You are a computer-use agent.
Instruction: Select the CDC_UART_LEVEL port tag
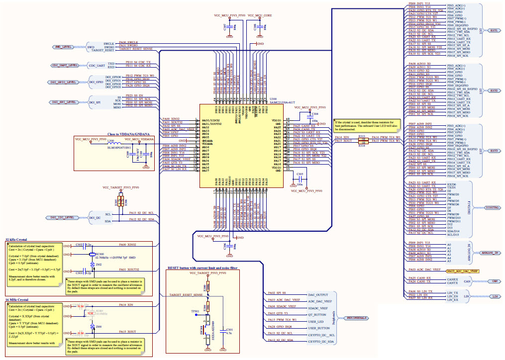click(x=65, y=65)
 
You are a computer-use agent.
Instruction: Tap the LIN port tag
click(x=495, y=296)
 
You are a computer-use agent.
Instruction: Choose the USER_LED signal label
click(x=316, y=322)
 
